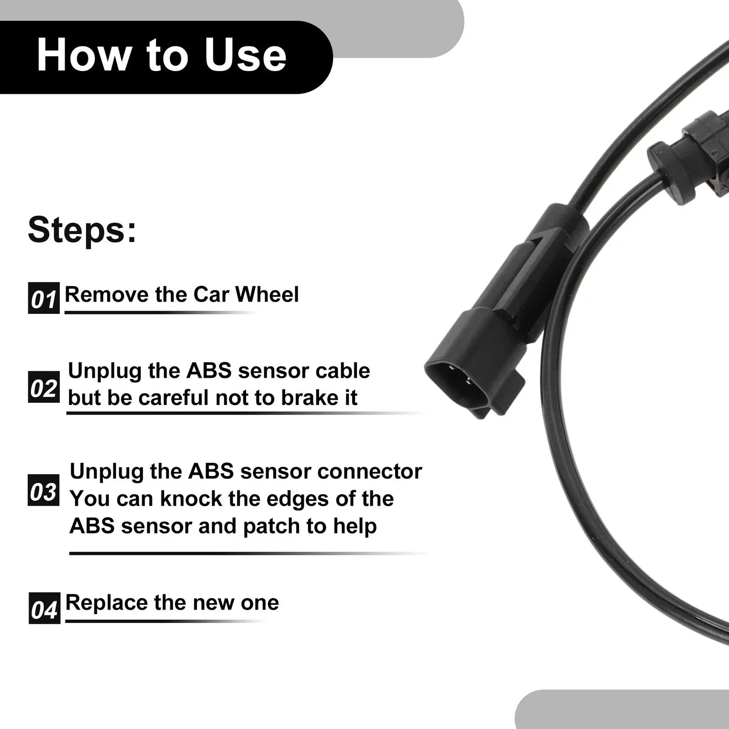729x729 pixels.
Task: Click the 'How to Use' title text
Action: click(161, 56)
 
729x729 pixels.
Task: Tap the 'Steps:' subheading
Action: click(82, 230)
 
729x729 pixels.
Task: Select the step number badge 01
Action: click(44, 298)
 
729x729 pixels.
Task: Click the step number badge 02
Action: click(44, 387)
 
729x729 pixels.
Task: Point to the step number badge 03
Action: click(44, 490)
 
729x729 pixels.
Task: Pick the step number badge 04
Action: click(44, 608)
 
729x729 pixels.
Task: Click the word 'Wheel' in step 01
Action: click(267, 294)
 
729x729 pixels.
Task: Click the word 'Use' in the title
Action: click(246, 56)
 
